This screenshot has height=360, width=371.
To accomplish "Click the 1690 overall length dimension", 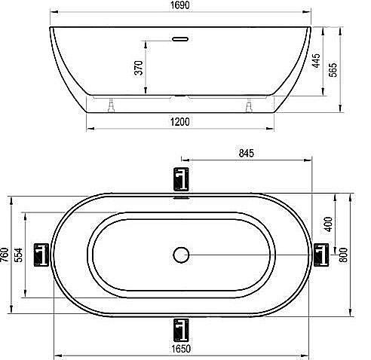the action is click(x=180, y=5).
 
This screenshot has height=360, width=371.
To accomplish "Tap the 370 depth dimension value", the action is click(x=139, y=68).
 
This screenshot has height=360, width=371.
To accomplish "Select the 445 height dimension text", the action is click(x=316, y=60).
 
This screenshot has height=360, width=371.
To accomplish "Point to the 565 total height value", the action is click(x=333, y=70).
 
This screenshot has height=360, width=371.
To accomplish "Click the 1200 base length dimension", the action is click(x=180, y=122).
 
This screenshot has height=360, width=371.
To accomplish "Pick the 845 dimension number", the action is click(x=247, y=153).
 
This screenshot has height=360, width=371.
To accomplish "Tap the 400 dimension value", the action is click(x=328, y=224).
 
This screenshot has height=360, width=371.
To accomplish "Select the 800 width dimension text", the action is click(x=343, y=255).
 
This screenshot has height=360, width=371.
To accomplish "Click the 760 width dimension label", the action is click(x=5, y=255).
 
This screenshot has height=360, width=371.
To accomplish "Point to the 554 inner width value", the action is click(x=18, y=255).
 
